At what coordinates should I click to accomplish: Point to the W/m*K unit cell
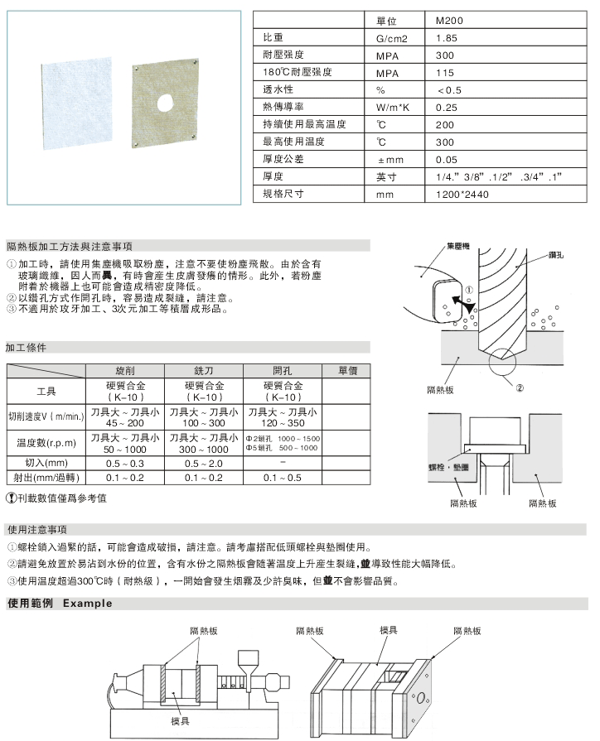coord(394,108)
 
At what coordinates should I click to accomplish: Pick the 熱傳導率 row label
coord(283,108)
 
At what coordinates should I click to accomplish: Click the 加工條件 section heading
coord(26,348)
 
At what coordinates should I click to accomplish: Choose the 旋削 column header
coord(127,370)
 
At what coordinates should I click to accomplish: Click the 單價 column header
coord(347,370)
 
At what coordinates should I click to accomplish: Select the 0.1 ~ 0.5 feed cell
coord(282,478)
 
